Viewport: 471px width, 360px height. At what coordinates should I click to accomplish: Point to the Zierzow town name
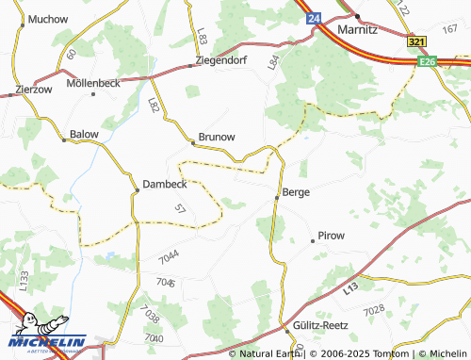point(34,90)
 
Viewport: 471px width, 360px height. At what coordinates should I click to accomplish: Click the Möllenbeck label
point(94,83)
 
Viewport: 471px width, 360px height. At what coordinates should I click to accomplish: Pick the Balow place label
point(83,135)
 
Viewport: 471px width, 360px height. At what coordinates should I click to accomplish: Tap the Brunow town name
point(217,137)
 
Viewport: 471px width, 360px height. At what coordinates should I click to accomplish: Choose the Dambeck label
point(165,184)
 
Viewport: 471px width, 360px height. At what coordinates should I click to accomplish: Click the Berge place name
point(296,191)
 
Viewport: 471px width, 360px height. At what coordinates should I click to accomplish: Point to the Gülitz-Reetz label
point(321,325)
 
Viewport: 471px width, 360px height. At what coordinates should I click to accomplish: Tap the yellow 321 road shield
point(417,42)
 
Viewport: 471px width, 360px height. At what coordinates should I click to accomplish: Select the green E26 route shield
point(429,61)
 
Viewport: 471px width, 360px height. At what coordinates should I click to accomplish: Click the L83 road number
point(203,37)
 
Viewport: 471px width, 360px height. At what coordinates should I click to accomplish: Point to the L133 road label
point(24,278)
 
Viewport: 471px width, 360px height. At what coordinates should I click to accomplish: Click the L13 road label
point(352,286)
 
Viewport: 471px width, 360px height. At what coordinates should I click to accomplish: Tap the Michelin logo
point(43,335)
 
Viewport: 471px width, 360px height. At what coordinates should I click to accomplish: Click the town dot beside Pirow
point(313,241)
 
